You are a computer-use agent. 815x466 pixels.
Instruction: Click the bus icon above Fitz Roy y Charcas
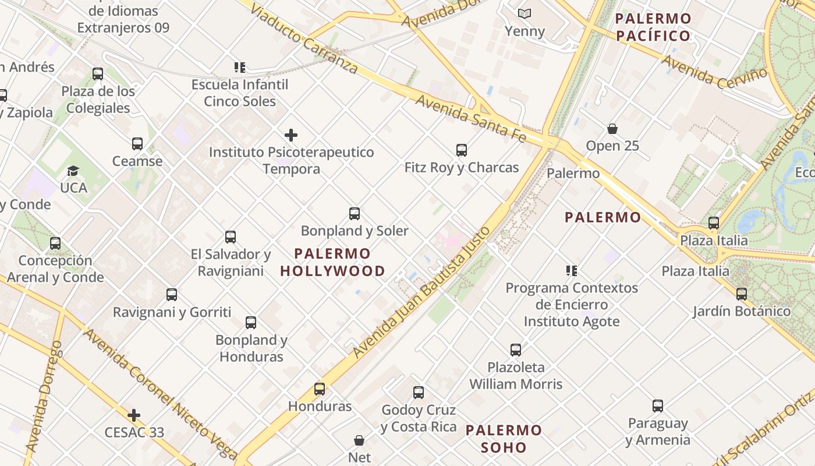[x=462, y=150]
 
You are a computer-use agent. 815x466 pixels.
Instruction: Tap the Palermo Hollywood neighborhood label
[x=332, y=262]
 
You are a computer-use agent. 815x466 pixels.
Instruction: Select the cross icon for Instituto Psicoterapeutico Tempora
[x=291, y=136]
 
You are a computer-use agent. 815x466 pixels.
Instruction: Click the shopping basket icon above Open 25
[x=612, y=129]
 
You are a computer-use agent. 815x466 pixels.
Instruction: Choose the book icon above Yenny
[x=525, y=13]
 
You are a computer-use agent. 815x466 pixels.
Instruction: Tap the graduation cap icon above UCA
[x=73, y=171]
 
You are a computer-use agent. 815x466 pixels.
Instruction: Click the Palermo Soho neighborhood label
[x=504, y=439]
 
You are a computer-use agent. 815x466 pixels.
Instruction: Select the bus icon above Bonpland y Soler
[x=354, y=214]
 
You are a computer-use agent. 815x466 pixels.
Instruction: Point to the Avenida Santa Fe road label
[x=470, y=118]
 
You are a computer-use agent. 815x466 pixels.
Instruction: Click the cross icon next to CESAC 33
[x=134, y=415]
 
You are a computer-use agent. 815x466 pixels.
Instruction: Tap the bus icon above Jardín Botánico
[x=741, y=294]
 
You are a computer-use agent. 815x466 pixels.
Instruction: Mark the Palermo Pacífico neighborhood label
[x=653, y=27]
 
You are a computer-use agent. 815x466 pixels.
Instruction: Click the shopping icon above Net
[x=359, y=440]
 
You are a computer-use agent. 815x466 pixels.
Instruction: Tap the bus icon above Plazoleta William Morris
[x=516, y=350]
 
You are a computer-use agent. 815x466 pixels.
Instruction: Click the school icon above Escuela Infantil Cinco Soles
[x=239, y=68]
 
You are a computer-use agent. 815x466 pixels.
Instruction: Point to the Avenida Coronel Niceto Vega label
[x=160, y=393]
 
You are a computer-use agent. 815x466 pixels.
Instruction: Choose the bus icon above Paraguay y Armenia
[x=657, y=406]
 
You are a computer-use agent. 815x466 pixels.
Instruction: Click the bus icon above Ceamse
[x=137, y=144]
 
